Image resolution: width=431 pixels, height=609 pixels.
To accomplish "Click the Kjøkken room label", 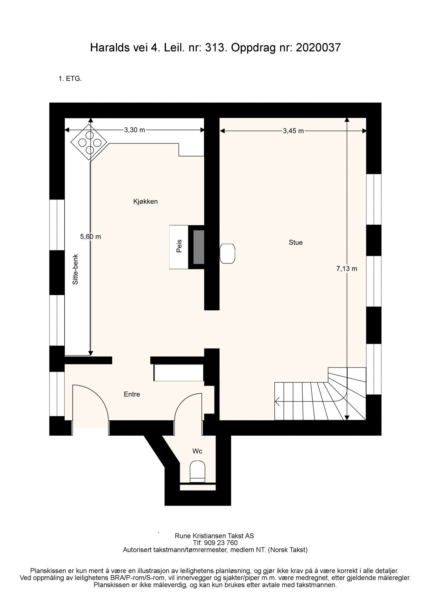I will tap(145, 202).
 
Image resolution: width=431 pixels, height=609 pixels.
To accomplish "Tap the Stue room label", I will tap(296, 243).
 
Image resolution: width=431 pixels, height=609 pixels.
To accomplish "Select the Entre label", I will tap(132, 394).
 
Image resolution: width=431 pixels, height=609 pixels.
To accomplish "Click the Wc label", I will tap(198, 451).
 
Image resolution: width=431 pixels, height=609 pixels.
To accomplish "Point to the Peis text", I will tap(179, 246).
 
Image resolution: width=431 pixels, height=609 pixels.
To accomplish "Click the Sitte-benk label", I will tap(75, 270).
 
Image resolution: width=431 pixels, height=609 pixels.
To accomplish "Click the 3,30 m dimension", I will tap(134, 130).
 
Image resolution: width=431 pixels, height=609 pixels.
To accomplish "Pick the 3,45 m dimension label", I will tap(293, 131).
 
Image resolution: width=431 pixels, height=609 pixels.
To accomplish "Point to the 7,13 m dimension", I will tap(347, 269).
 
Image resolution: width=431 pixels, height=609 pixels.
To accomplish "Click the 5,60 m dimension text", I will tap(91, 237).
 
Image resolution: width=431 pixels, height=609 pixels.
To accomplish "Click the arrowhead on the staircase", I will tap(277, 401).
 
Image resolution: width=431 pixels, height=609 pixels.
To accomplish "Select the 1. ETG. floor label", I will tap(70, 79).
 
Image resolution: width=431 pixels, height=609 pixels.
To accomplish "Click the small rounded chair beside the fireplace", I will tap(227, 253).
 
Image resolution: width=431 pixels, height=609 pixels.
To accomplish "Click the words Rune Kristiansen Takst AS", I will tap(214, 536).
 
